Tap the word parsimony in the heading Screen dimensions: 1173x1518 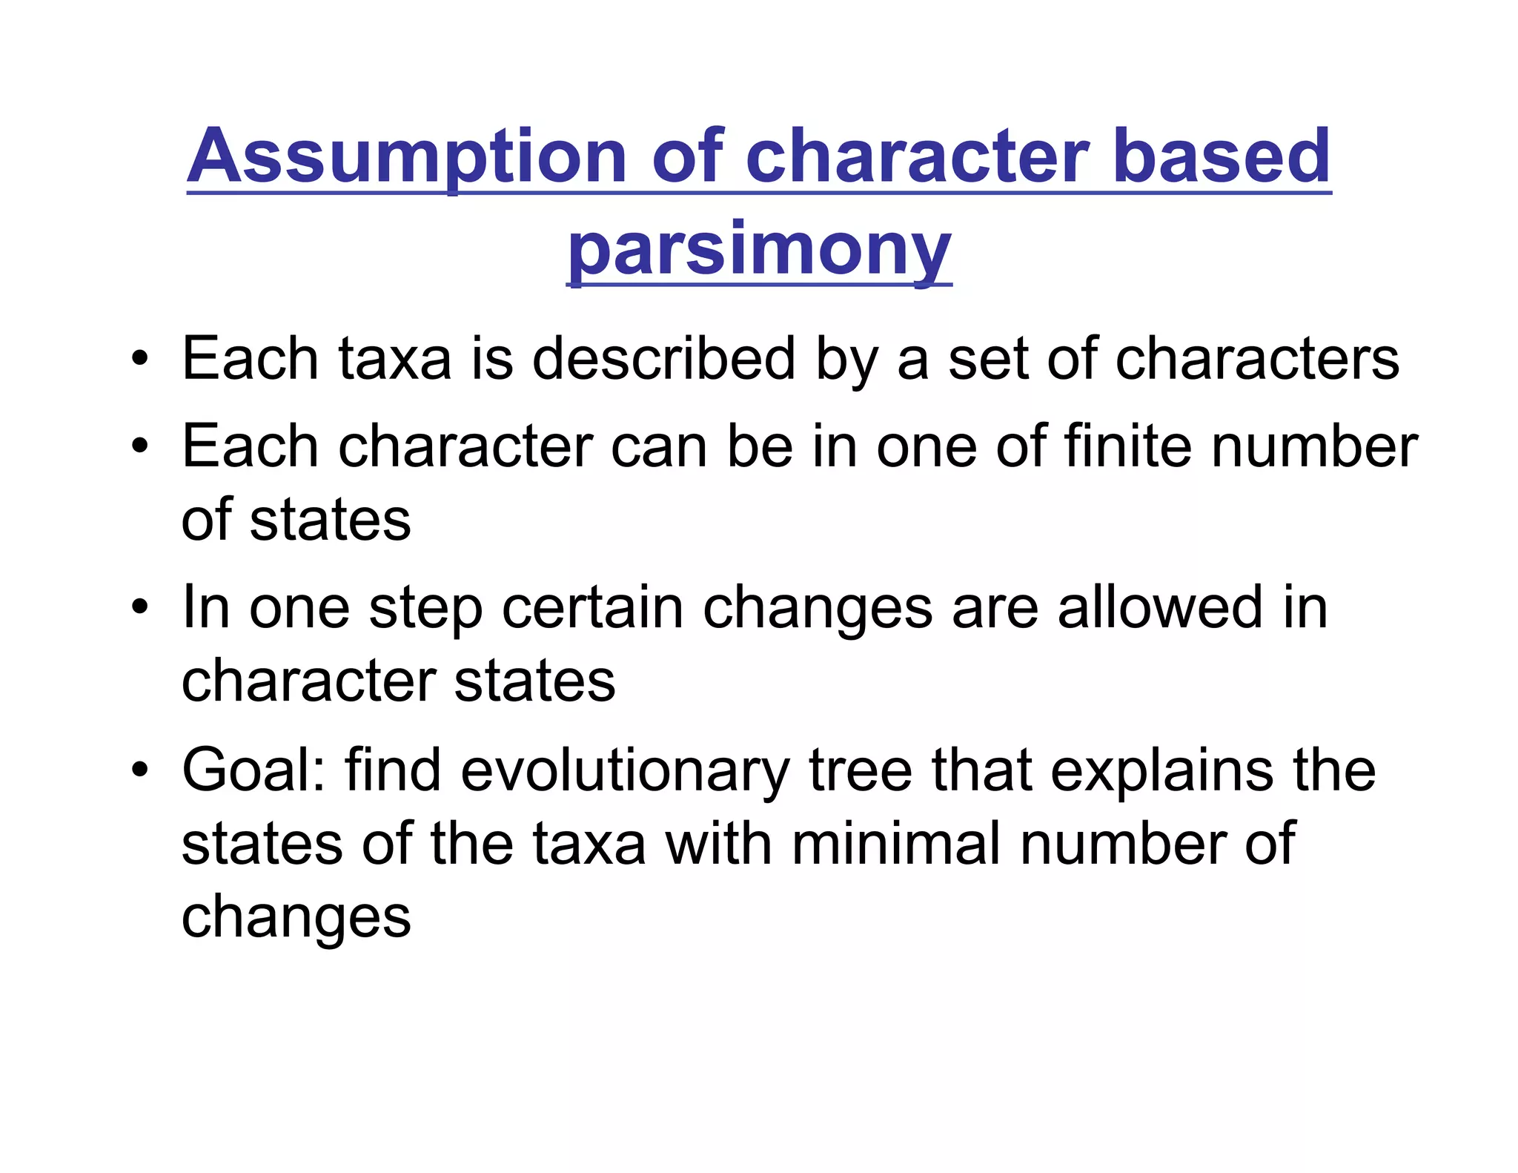point(759,250)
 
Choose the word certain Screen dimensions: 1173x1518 point(592,608)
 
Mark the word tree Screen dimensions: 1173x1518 point(860,771)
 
